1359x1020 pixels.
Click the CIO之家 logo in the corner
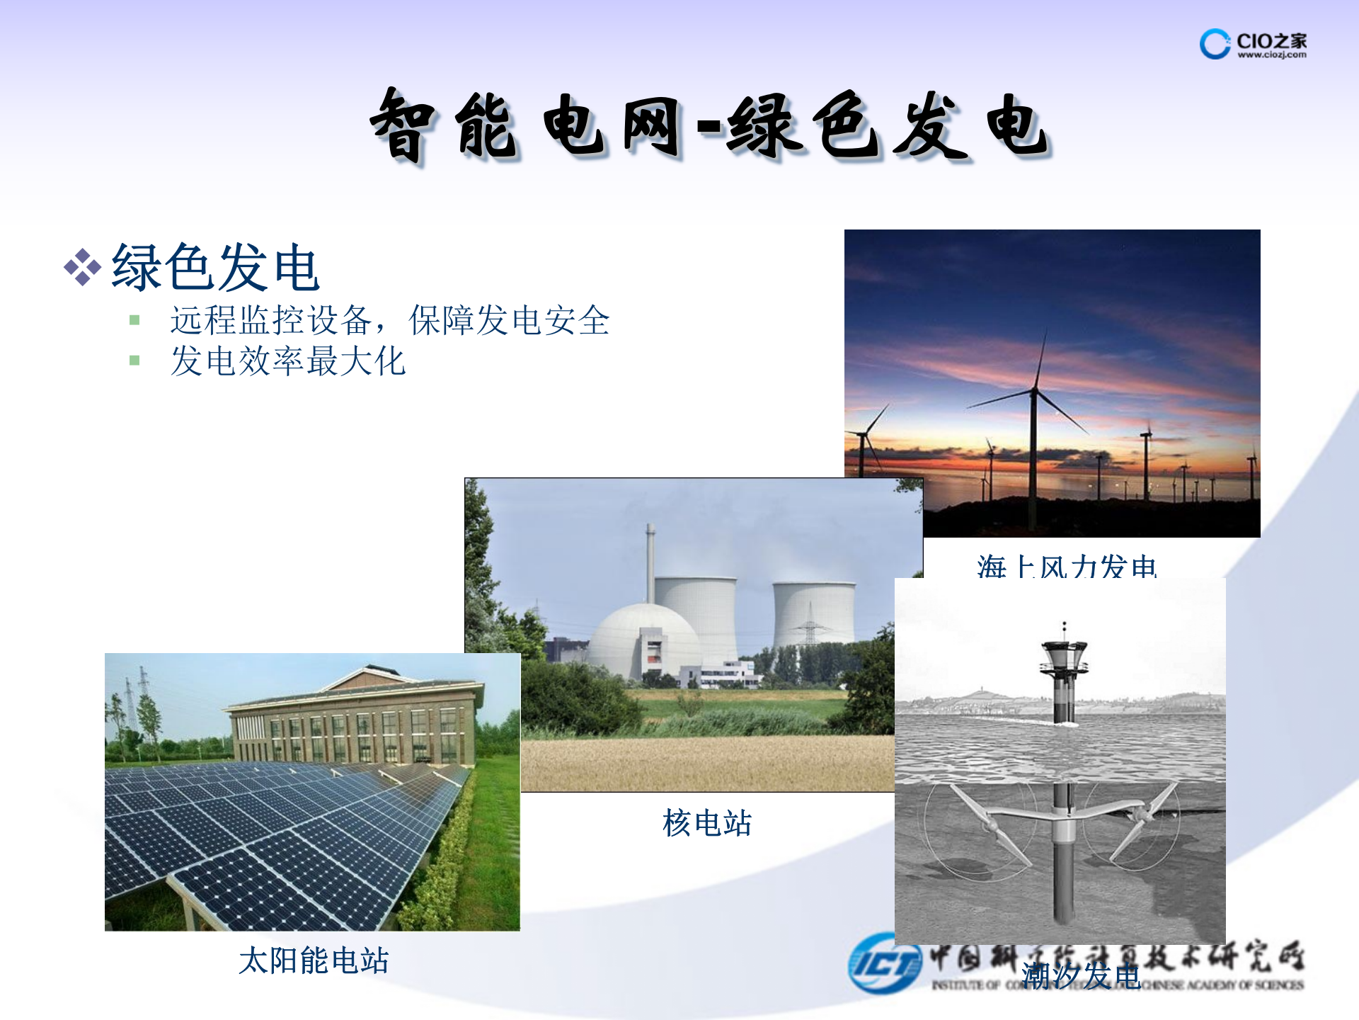click(x=1253, y=44)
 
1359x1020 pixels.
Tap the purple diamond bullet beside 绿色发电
click(x=82, y=267)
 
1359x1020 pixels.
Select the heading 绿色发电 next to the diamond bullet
click(x=216, y=267)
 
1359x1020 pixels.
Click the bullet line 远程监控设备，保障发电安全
click(x=389, y=320)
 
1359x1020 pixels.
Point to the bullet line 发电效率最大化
click(x=287, y=361)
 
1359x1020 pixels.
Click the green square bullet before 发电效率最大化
click(x=134, y=361)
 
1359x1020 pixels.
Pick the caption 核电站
click(x=706, y=823)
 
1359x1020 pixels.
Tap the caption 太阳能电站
click(x=314, y=960)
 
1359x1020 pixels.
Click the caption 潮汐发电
click(x=1081, y=976)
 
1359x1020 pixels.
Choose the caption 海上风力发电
click(x=1066, y=567)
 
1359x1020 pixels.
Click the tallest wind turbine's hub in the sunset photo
click(x=1034, y=390)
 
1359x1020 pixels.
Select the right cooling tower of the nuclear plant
click(x=814, y=613)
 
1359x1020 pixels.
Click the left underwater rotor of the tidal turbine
click(x=991, y=825)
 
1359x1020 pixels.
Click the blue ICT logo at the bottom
click(x=885, y=963)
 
